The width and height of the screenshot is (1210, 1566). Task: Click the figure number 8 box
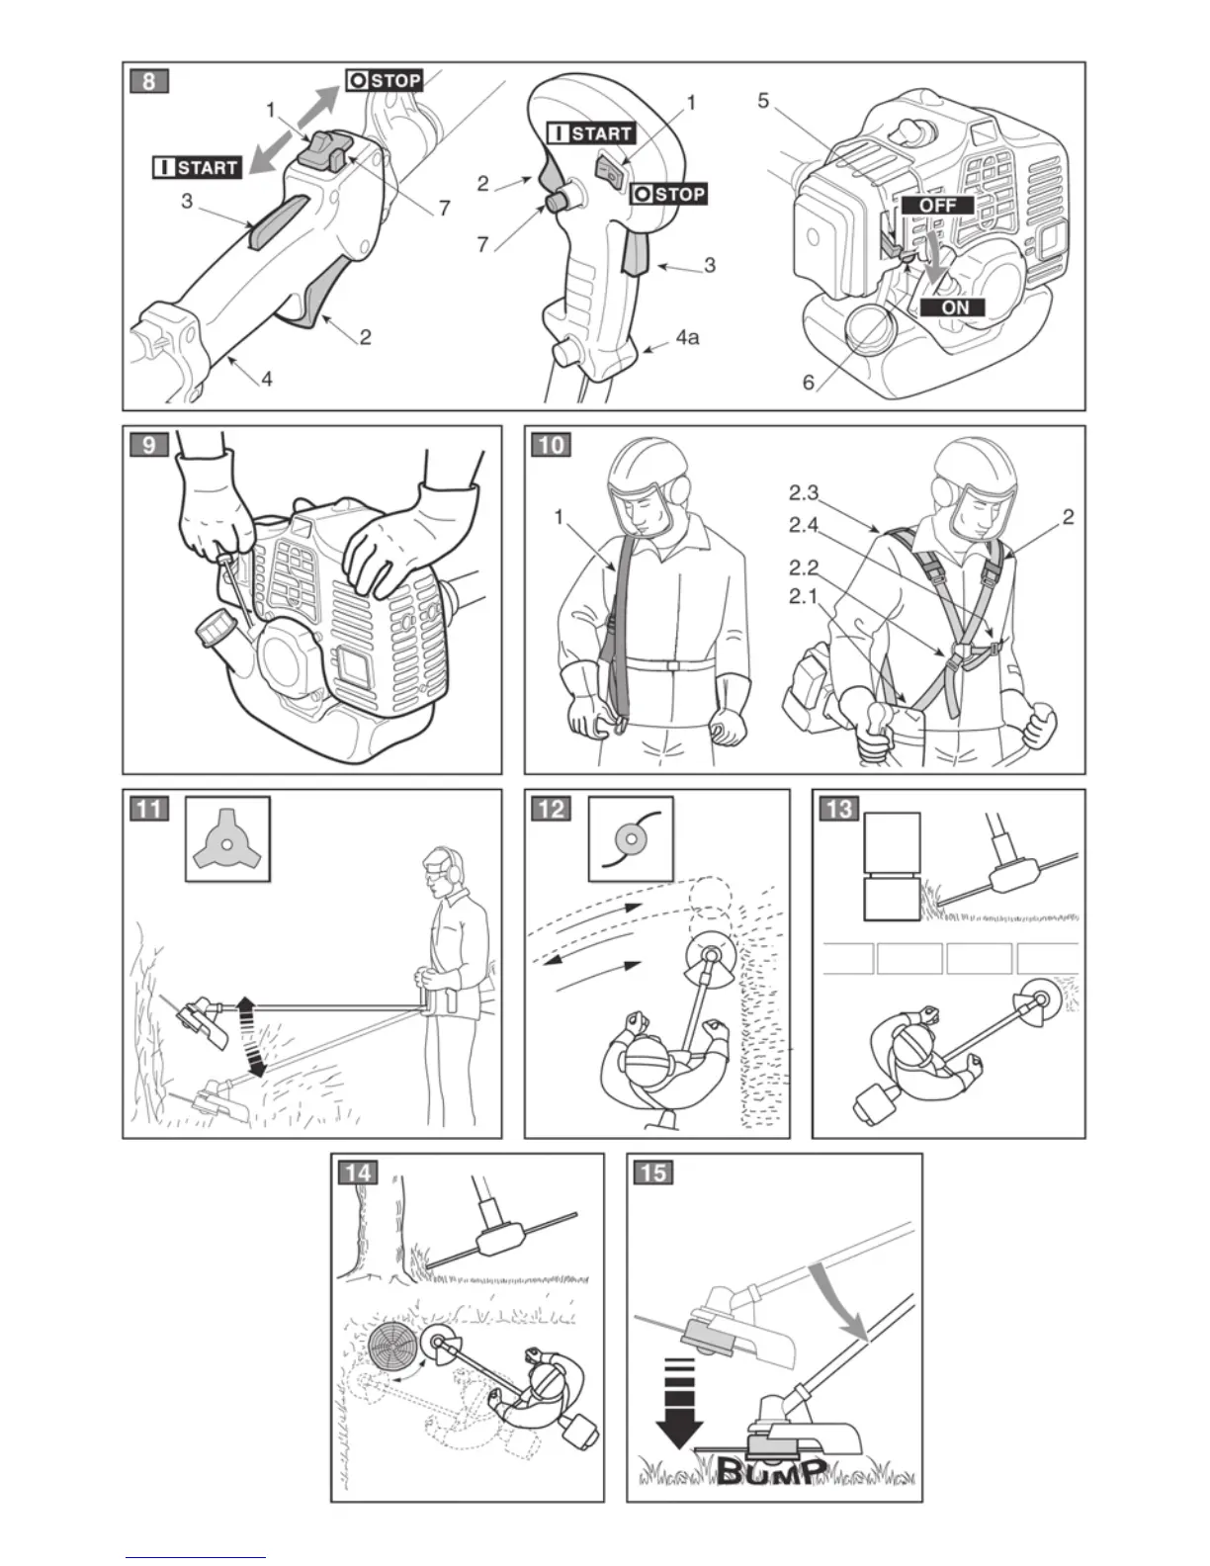coord(149,80)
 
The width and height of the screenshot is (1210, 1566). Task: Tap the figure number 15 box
coord(653,1173)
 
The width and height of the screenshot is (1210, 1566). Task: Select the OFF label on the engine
coord(936,206)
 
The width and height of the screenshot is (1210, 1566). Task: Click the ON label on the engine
coord(955,306)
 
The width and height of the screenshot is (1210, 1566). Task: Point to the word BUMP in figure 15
coord(770,1472)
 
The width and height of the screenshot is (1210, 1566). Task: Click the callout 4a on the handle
coord(687,338)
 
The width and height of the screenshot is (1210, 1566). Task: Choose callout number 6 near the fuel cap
coord(809,382)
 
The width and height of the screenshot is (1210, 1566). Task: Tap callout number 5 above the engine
coord(764,101)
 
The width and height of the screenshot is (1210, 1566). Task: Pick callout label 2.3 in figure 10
coord(805,491)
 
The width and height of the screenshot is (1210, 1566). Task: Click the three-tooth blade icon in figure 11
coord(227,838)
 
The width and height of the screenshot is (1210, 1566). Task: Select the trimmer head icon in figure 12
coord(630,838)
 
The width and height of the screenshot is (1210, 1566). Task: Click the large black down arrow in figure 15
coord(678,1396)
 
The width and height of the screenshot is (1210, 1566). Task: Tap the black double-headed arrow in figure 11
coord(252,1037)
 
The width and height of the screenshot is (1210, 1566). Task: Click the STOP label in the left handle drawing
coord(384,80)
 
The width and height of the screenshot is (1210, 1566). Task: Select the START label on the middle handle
coord(591,133)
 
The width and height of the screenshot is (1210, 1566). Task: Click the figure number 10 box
coord(552,444)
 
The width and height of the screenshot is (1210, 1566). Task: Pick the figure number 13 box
coord(837,809)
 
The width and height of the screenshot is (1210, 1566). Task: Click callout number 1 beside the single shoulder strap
coord(561,517)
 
